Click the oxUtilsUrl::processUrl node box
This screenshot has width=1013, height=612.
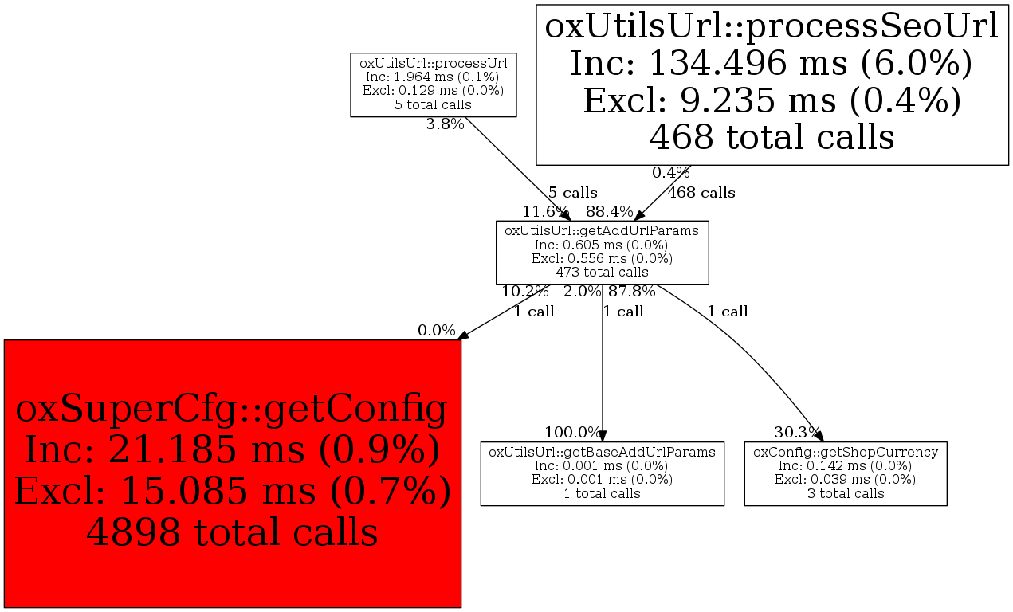coord(434,85)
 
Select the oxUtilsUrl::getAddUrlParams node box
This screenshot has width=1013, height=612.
coord(603,253)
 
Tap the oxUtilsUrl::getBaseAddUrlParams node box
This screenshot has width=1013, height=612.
coord(603,473)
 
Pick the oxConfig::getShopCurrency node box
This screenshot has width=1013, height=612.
coord(846,473)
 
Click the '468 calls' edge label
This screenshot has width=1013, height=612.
coord(701,193)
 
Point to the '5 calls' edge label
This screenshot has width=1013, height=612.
coord(573,193)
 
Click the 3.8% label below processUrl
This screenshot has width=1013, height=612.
coord(446,124)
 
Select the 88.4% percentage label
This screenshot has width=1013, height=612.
coord(610,211)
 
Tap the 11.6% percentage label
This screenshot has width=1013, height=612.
coord(545,211)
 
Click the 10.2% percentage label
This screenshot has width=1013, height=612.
coord(525,292)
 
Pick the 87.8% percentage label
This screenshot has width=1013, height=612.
coord(632,292)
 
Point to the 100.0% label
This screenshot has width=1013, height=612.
coord(572,433)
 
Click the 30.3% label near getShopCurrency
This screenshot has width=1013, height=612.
coord(797,433)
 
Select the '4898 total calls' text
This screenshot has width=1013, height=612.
coord(232,532)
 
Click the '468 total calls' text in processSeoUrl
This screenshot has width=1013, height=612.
coord(772,136)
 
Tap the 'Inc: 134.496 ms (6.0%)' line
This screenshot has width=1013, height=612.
coord(772,63)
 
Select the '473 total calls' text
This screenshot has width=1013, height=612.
coord(602,272)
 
